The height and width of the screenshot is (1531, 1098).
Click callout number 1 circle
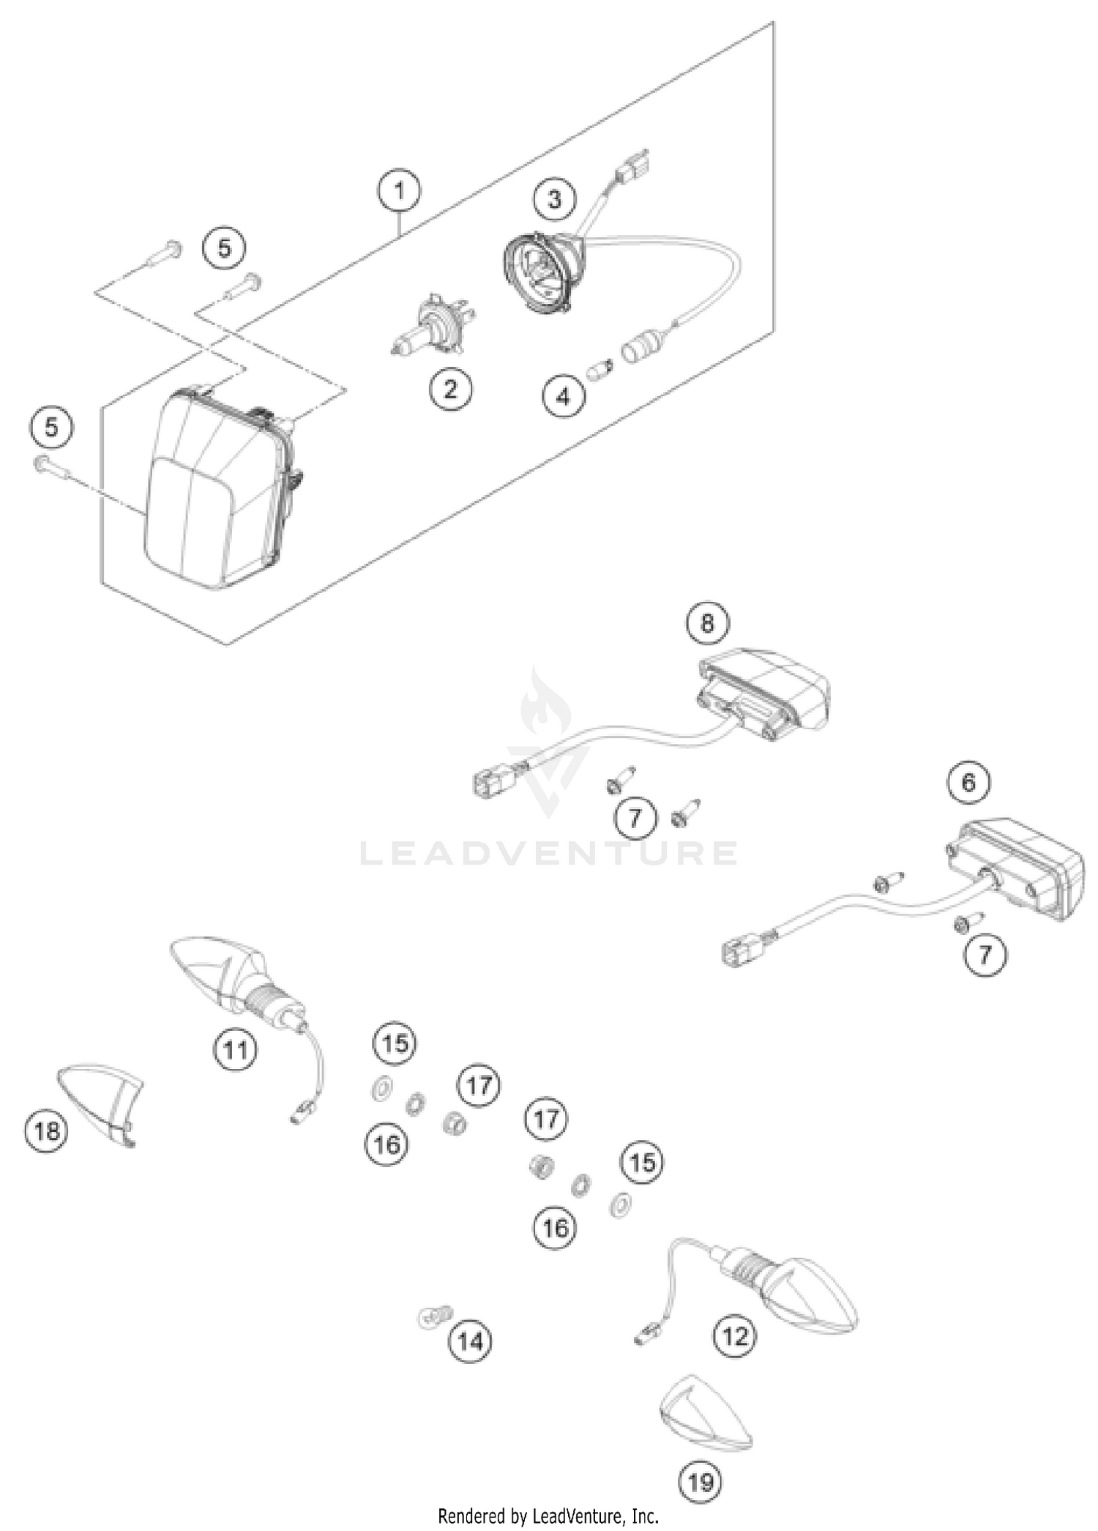coord(399,191)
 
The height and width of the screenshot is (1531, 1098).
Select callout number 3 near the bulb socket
coord(554,198)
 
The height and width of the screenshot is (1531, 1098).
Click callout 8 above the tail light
coord(706,622)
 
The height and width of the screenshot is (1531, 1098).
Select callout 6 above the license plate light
coord(968,782)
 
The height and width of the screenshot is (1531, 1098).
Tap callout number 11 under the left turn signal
coord(235,1050)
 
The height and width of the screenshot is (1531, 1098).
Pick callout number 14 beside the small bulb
coord(470,1341)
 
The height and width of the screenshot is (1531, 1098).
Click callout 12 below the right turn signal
coord(734,1336)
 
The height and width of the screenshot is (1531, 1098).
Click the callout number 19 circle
coord(701,1483)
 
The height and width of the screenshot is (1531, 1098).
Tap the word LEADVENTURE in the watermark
coord(549,854)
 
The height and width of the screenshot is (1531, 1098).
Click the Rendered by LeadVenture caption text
coord(548,1515)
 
